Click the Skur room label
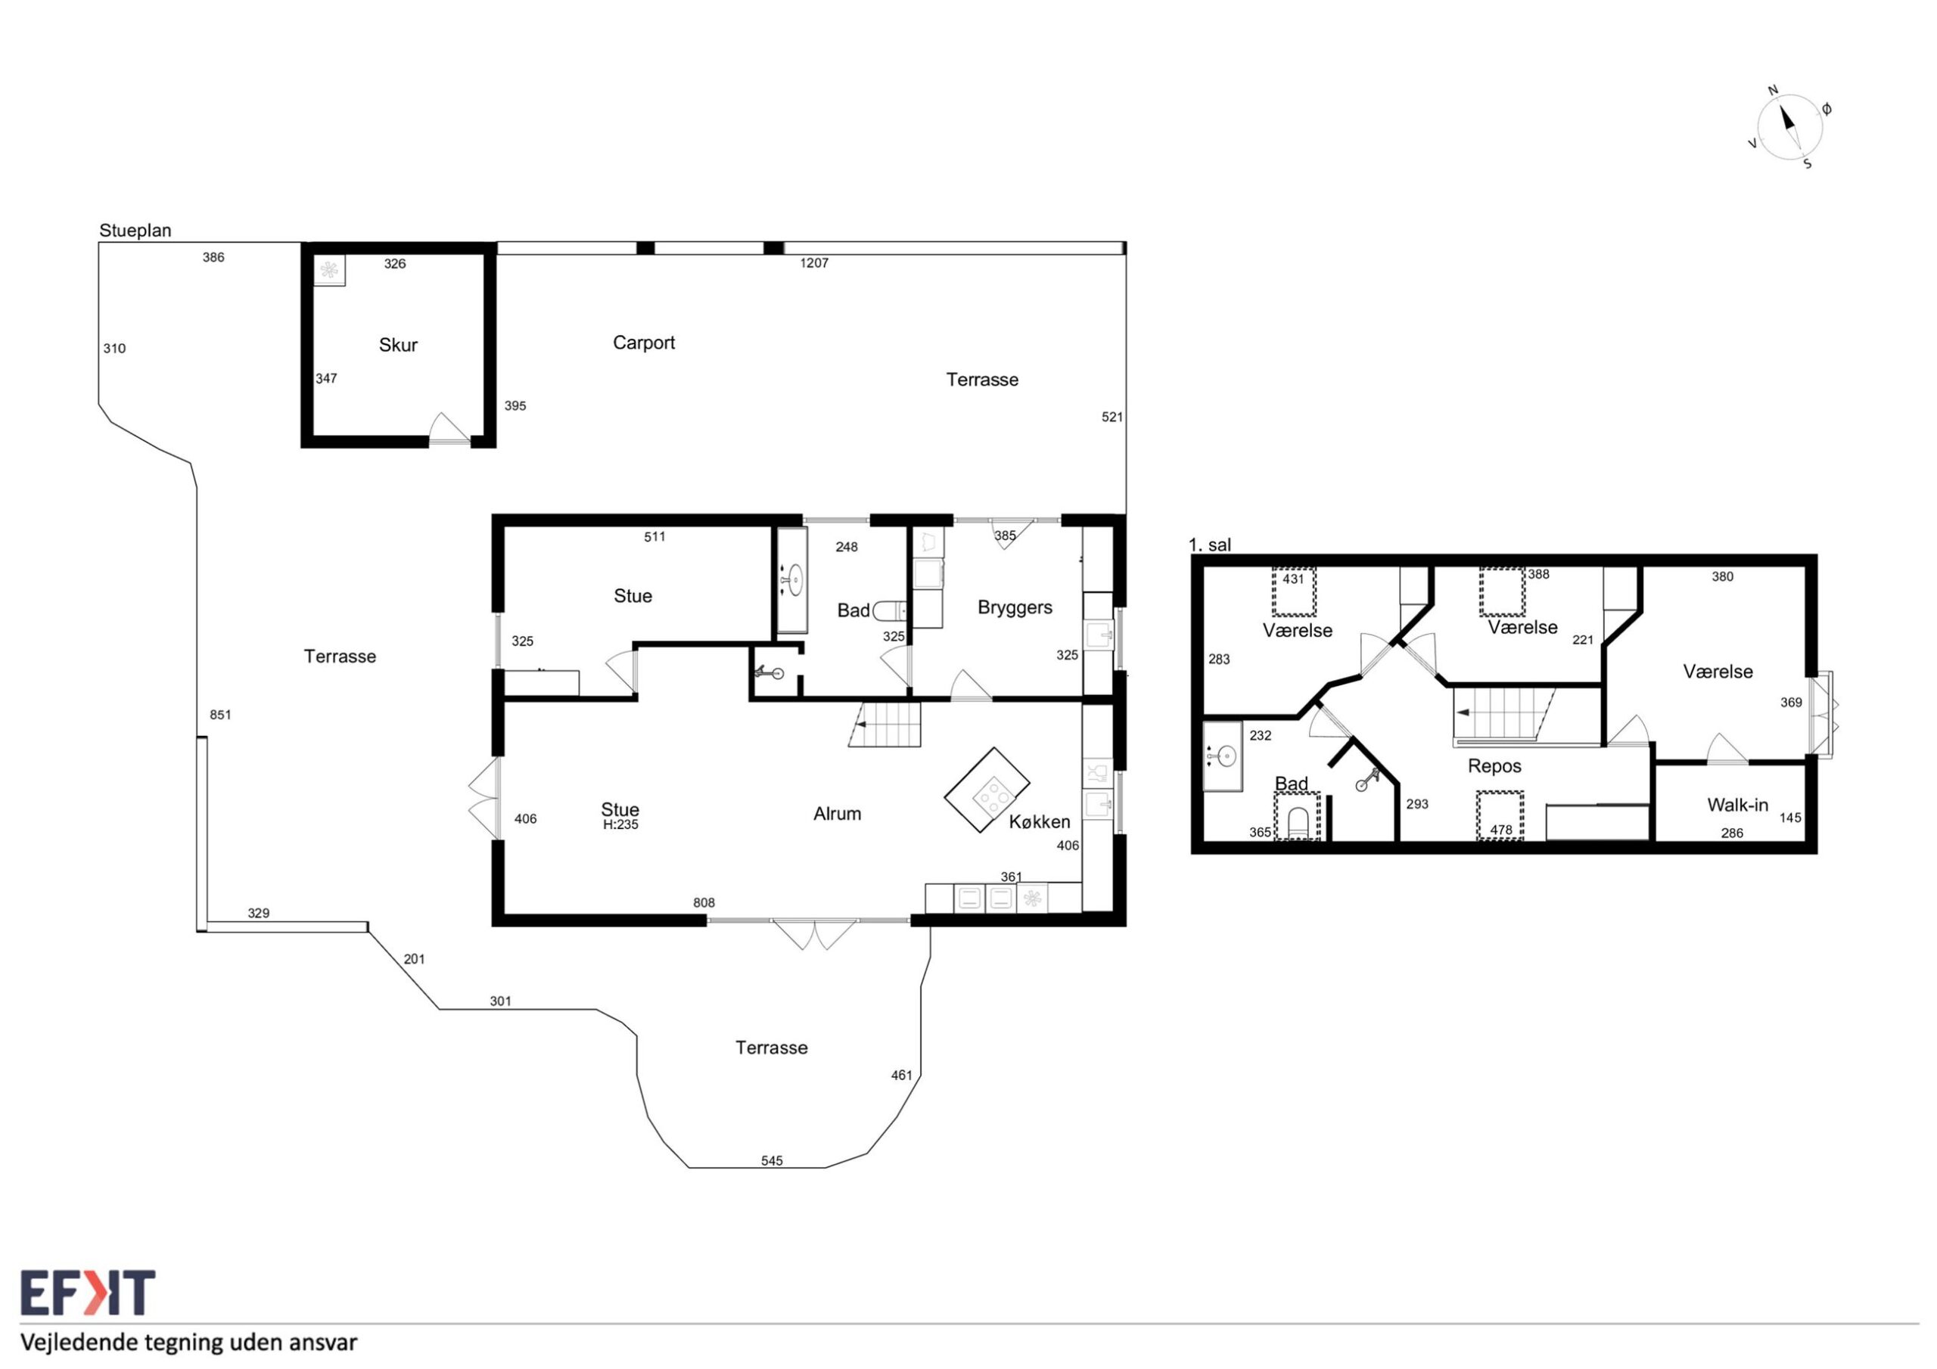pos(398,345)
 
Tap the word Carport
pos(644,343)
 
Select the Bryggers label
pos(1015,608)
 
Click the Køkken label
pos(1040,821)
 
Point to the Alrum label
pos(837,814)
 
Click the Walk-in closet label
pos(1738,805)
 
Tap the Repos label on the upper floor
pos(1495,766)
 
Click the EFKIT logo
pos(88,1293)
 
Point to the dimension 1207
pos(814,263)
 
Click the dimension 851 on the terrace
pos(220,715)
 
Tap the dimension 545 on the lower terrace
pos(772,1161)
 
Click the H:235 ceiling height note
pos(621,825)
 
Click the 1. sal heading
pos(1210,545)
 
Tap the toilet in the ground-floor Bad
pos(889,610)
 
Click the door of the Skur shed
pos(449,430)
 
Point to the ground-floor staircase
pos(885,725)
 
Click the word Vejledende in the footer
pos(79,1343)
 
